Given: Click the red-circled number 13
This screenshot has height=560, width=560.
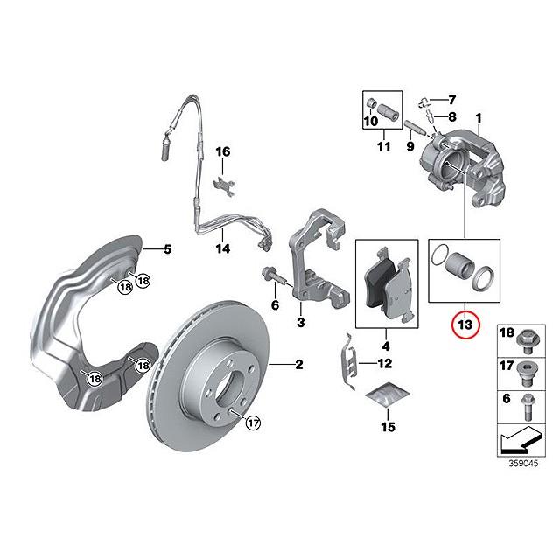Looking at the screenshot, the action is (465, 325).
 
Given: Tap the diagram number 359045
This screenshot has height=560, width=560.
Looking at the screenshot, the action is (523, 464).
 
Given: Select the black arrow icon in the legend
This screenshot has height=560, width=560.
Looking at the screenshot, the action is (521, 440).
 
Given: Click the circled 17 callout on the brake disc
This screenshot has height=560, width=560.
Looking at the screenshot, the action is (253, 423).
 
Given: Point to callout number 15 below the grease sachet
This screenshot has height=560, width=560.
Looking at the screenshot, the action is (388, 427).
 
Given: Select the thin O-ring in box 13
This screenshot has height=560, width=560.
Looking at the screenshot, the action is (441, 255).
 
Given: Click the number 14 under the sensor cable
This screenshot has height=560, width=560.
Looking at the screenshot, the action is (223, 248).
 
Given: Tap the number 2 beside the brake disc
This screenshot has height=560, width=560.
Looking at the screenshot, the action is (299, 365).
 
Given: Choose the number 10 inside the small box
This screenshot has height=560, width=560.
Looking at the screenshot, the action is (371, 121).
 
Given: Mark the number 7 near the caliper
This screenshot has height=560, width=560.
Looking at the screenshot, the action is (452, 100).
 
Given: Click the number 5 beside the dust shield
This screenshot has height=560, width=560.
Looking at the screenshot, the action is (167, 248).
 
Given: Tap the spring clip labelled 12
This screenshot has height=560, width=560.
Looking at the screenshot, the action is (348, 361).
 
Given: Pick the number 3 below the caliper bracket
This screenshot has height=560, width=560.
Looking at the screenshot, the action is (301, 323).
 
